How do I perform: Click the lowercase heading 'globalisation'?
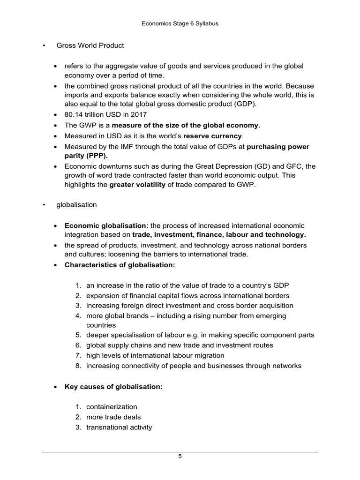[x=76, y=205]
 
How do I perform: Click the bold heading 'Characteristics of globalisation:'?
[x=120, y=265]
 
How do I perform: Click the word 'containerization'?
[x=112, y=406]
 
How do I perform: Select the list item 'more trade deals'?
[x=113, y=417]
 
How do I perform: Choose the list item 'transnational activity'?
[x=119, y=427]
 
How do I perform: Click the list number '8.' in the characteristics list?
[x=78, y=366]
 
